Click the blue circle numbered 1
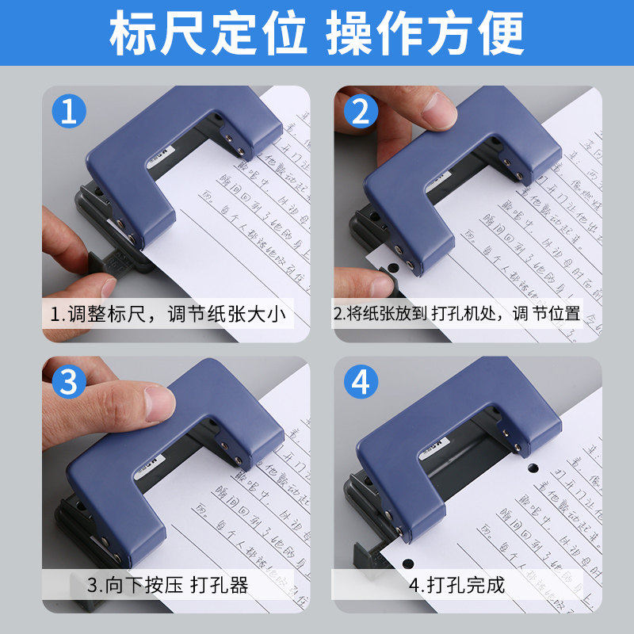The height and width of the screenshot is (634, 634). (69, 111)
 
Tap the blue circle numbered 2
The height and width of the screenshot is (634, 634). (361, 111)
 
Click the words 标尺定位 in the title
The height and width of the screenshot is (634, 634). (208, 33)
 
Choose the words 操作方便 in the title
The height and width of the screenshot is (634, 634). (426, 33)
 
